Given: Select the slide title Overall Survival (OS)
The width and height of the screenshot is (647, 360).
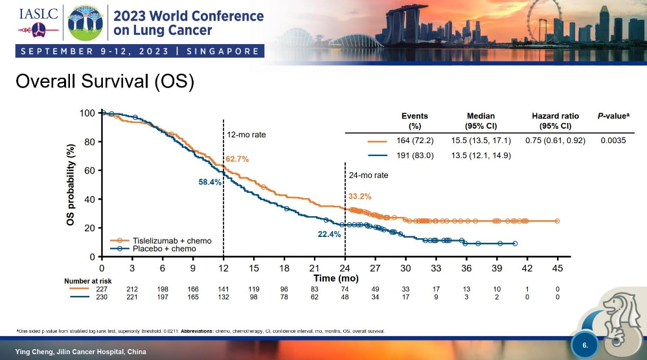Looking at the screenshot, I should (105, 82).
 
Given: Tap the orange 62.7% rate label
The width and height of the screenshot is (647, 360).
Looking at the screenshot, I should (237, 159).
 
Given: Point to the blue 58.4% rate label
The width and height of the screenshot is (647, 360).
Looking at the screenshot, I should (210, 183).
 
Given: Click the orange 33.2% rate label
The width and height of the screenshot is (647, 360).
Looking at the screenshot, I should (360, 196).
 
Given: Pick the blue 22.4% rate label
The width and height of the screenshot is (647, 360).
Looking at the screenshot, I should (329, 234).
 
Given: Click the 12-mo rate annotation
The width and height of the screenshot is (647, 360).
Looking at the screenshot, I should (247, 135).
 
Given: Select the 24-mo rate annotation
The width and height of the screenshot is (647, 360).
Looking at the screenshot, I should (369, 175).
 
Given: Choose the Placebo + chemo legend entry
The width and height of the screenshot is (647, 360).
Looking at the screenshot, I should (164, 249).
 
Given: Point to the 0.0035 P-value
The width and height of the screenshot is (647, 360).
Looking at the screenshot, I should (613, 141).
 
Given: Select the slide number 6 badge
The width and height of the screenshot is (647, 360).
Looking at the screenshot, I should (585, 346).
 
